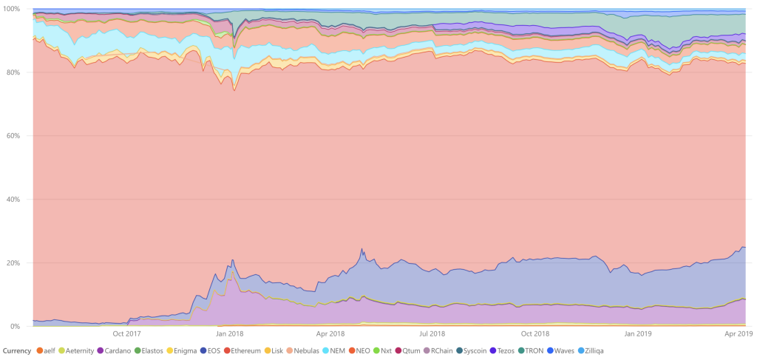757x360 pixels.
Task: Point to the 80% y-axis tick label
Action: coord(13,72)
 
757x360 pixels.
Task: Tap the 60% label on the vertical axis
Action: coord(13,136)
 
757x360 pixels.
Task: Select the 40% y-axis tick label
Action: coord(13,200)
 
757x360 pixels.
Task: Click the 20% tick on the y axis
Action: coord(13,263)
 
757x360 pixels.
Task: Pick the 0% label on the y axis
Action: coord(15,327)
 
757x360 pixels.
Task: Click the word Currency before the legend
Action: coord(16,350)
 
